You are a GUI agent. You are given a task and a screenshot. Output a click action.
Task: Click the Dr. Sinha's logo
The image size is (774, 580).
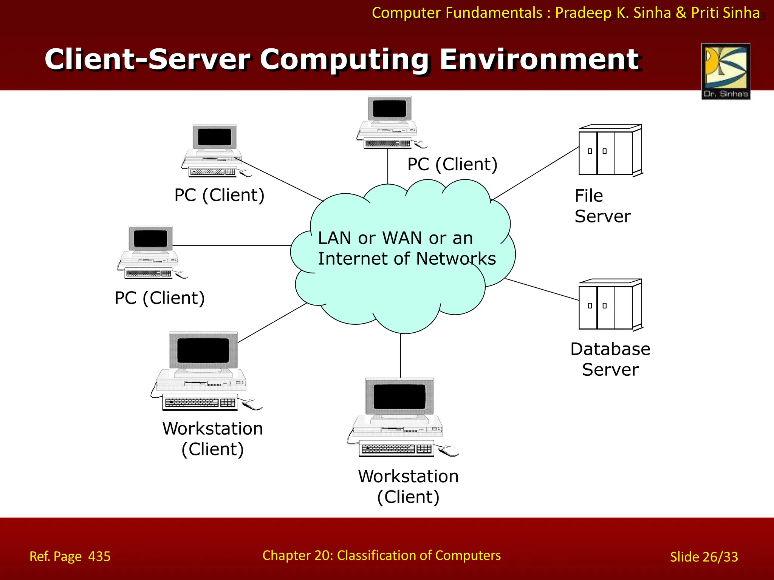click(x=726, y=71)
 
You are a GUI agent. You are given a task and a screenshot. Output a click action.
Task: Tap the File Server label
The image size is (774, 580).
click(x=602, y=206)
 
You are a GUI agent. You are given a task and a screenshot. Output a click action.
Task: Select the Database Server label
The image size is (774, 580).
click(x=610, y=359)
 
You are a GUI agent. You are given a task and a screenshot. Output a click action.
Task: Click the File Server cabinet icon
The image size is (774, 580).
click(x=610, y=151)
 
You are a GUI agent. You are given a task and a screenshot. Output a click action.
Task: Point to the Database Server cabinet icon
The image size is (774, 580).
click(x=610, y=305)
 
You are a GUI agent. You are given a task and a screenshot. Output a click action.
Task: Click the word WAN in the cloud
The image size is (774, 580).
click(x=402, y=238)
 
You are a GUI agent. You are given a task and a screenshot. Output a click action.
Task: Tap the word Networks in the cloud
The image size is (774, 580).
click(x=456, y=259)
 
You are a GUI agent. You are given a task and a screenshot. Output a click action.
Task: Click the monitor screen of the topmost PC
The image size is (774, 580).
click(x=389, y=109)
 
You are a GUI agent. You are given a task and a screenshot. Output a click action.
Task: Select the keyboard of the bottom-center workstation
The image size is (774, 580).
click(x=396, y=449)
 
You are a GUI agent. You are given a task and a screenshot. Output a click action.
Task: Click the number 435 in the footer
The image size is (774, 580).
click(x=99, y=557)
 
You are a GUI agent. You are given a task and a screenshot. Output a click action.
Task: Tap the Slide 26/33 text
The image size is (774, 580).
click(x=704, y=557)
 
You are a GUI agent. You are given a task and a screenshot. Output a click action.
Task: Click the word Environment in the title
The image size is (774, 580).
click(x=539, y=60)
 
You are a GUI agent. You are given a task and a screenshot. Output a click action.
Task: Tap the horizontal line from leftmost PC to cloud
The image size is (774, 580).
click(x=231, y=245)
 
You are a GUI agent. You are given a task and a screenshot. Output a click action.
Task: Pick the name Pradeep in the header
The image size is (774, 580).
click(x=583, y=13)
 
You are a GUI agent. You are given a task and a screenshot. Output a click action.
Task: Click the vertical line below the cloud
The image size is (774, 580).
click(x=401, y=355)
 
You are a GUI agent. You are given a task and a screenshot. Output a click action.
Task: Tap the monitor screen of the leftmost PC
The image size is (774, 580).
click(x=150, y=239)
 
